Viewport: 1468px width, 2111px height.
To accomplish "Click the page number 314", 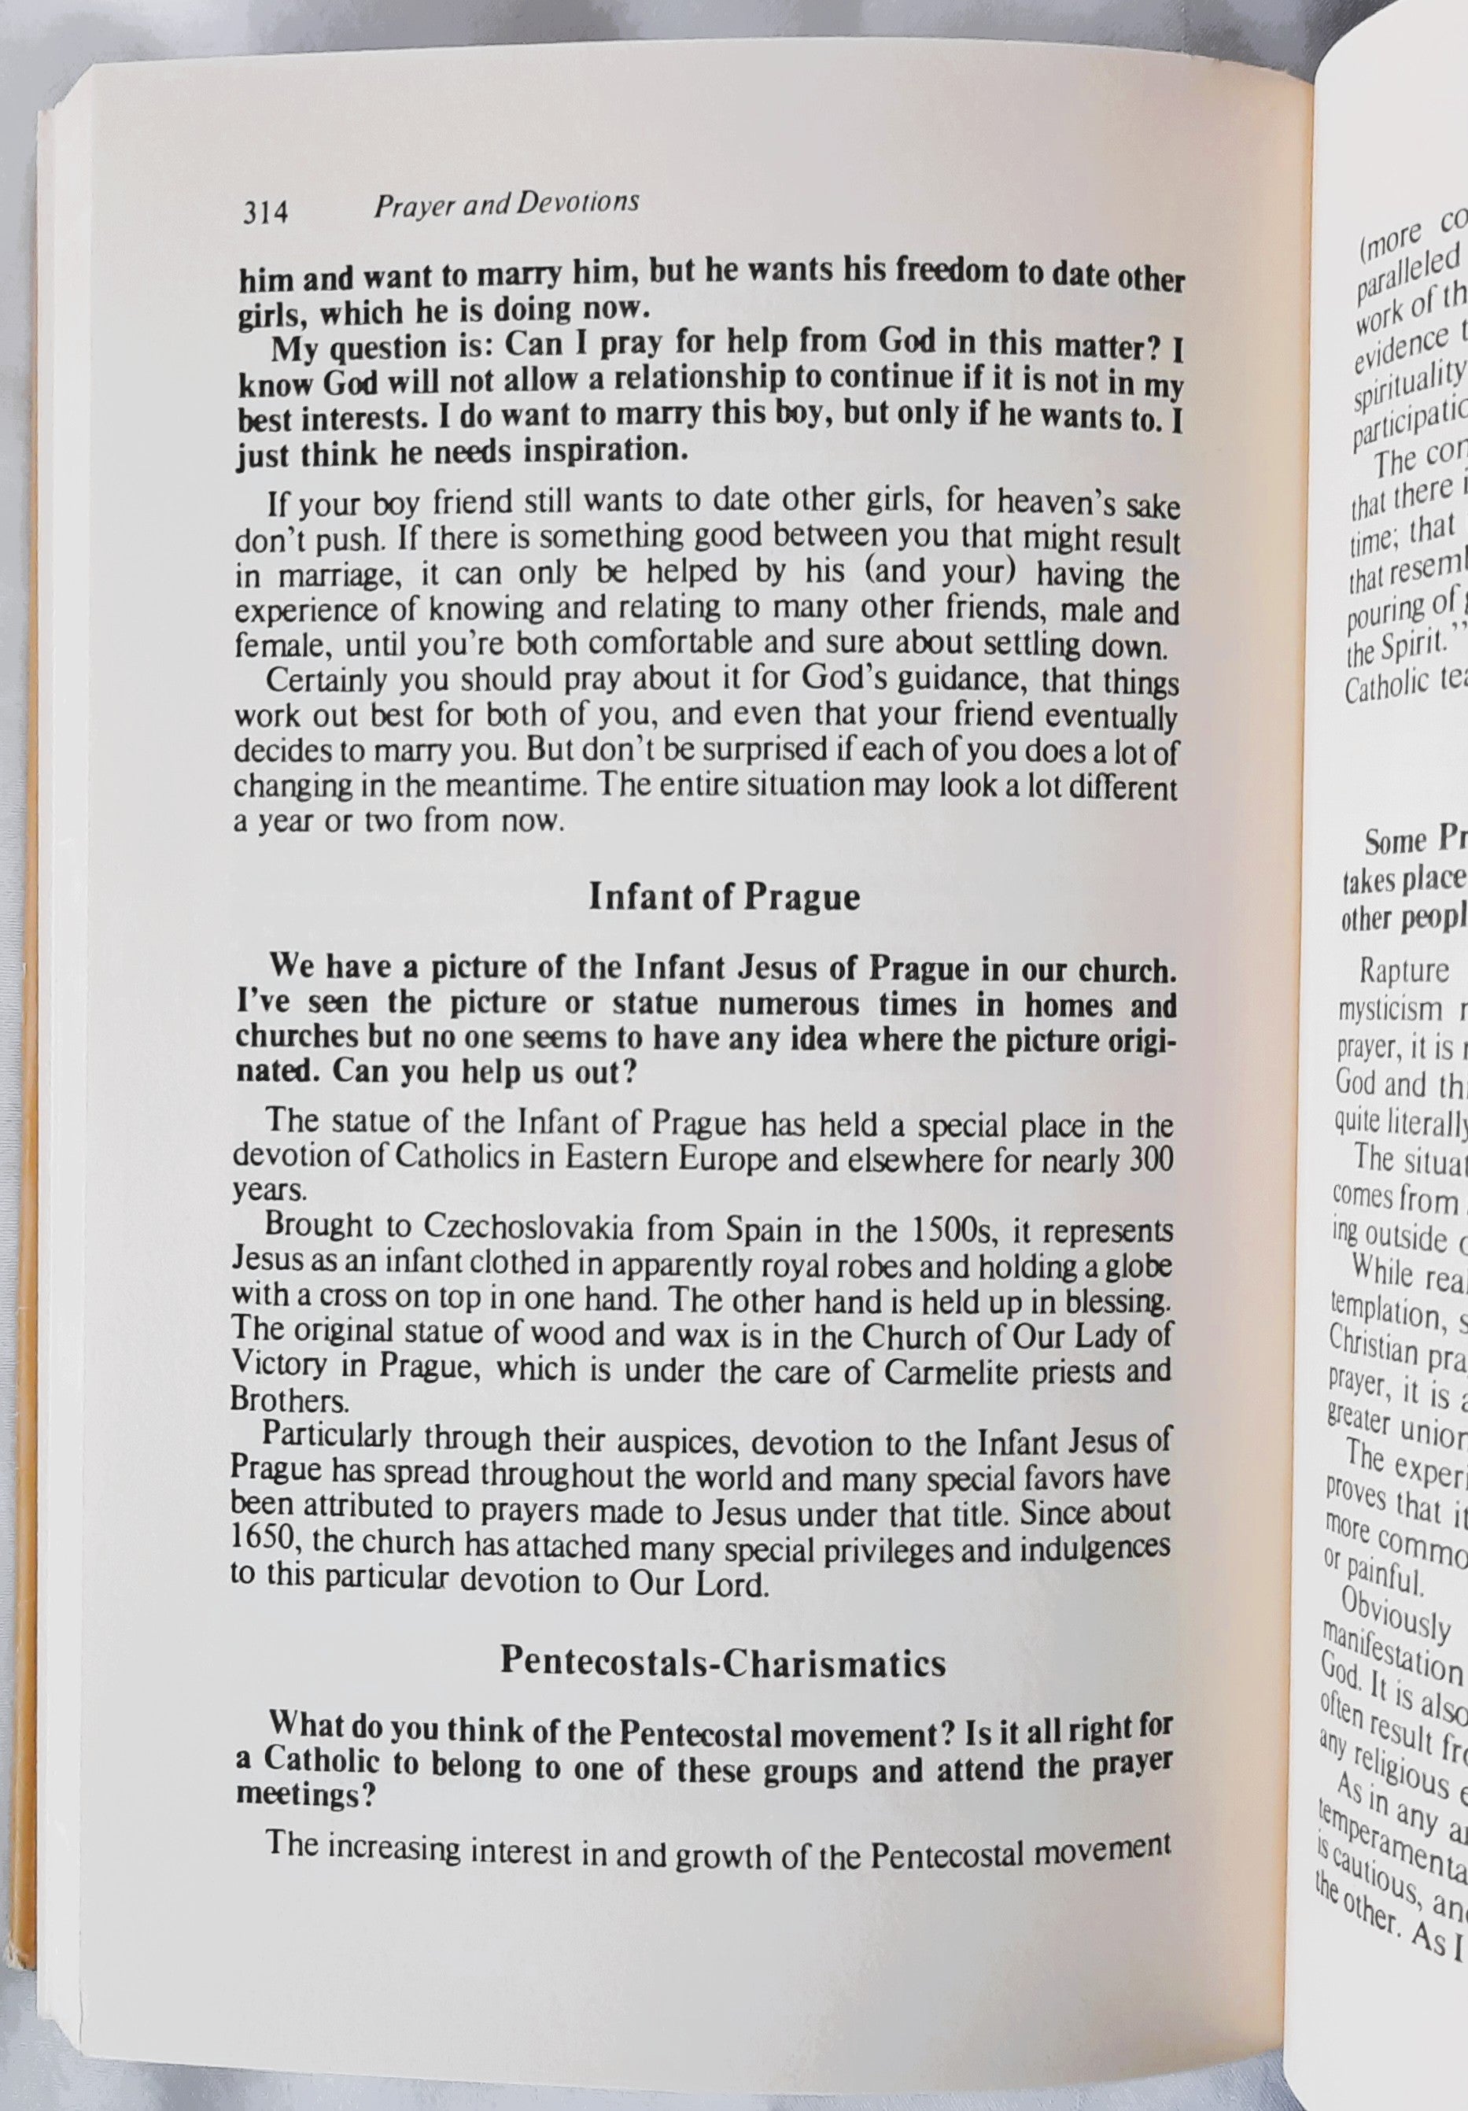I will pos(265,213).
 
